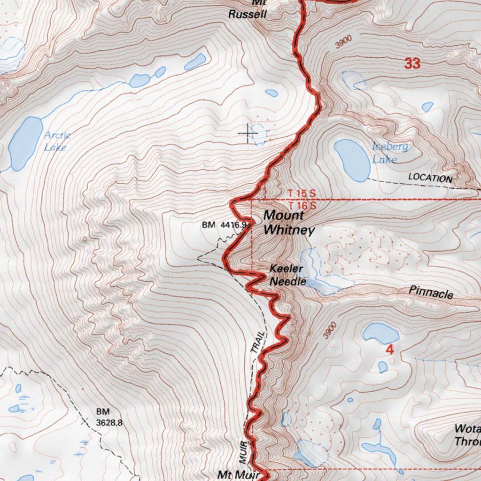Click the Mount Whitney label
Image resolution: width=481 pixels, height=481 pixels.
pyautogui.click(x=288, y=223)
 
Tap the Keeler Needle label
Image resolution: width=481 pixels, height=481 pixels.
pyautogui.click(x=287, y=276)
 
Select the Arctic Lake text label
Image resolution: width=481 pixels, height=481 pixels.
pyautogui.click(x=57, y=141)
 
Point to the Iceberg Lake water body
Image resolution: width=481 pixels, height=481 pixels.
pyautogui.click(x=352, y=160)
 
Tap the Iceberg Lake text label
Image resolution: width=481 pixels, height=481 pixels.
pyautogui.click(x=389, y=153)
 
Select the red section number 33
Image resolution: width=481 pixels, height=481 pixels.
pyautogui.click(x=412, y=63)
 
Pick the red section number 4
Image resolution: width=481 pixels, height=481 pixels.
pyautogui.click(x=389, y=350)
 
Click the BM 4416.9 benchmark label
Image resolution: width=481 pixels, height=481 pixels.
pyautogui.click(x=225, y=225)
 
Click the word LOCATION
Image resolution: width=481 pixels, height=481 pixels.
pyautogui.click(x=430, y=178)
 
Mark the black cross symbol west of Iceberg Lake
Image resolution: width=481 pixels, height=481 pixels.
pyautogui.click(x=247, y=133)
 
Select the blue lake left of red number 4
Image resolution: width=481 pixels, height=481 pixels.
pyautogui.click(x=380, y=333)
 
